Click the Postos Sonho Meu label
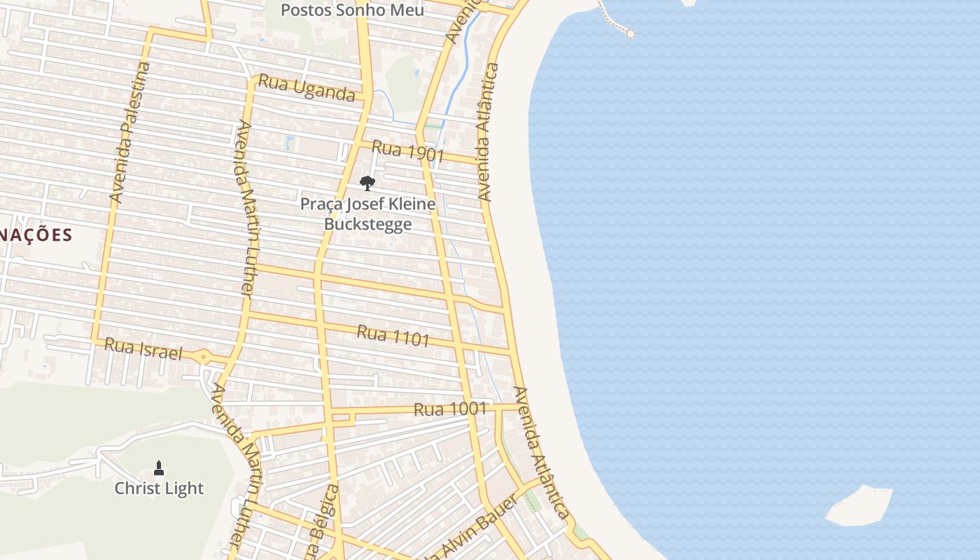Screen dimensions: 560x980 352,10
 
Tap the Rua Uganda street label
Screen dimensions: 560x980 307,87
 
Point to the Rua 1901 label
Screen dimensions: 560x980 408,151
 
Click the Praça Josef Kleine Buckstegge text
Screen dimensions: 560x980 367,213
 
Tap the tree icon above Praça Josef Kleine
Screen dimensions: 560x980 367,183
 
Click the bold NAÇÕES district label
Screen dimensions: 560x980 36,234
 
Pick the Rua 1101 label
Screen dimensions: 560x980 393,336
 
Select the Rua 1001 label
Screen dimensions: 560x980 449,409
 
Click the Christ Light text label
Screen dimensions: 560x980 159,489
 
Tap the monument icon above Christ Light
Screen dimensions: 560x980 159,468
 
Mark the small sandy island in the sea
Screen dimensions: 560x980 860,505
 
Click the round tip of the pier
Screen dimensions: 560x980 630,33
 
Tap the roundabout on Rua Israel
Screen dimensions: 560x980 203,357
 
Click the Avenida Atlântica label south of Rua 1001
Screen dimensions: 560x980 540,451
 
